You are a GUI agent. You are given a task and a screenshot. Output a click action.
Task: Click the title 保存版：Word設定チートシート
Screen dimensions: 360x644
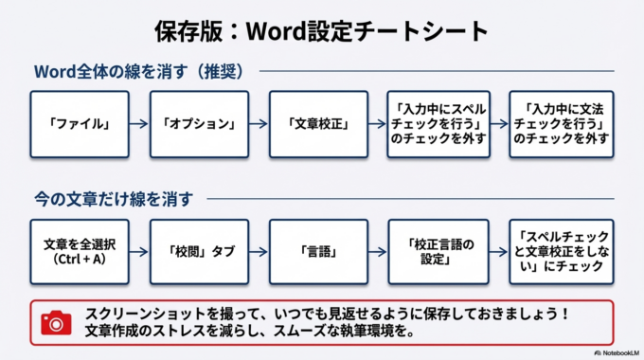[x=321, y=30]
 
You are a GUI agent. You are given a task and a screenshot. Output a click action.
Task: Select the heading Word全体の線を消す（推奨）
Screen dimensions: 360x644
[x=139, y=73]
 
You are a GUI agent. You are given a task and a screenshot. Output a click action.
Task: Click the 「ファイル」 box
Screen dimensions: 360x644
[x=78, y=124]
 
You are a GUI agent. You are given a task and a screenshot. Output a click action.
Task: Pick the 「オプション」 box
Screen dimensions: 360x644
[x=198, y=124]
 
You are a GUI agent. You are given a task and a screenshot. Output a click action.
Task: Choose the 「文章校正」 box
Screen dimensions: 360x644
[x=318, y=124]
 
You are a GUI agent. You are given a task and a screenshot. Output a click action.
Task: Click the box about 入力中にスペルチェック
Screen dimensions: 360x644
[x=438, y=124]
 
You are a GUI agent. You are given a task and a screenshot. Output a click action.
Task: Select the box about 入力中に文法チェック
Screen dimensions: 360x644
[x=559, y=124]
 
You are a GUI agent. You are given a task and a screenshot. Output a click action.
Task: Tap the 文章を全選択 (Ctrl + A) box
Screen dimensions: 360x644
[x=78, y=250]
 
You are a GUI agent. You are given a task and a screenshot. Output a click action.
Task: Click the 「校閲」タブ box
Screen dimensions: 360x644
[x=198, y=250]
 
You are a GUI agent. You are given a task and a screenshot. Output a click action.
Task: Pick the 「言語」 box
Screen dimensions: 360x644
[x=318, y=250]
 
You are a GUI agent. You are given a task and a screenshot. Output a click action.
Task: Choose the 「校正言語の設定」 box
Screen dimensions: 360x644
[x=438, y=250]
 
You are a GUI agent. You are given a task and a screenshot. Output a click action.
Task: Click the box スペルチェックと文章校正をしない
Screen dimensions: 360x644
[x=559, y=250]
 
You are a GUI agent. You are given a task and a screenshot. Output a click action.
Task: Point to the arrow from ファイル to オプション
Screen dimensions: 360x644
[x=138, y=124]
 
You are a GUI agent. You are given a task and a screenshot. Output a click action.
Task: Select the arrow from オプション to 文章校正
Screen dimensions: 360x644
[x=259, y=124]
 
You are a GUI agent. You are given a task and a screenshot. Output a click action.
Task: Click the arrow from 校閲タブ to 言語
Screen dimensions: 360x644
[x=259, y=250]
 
